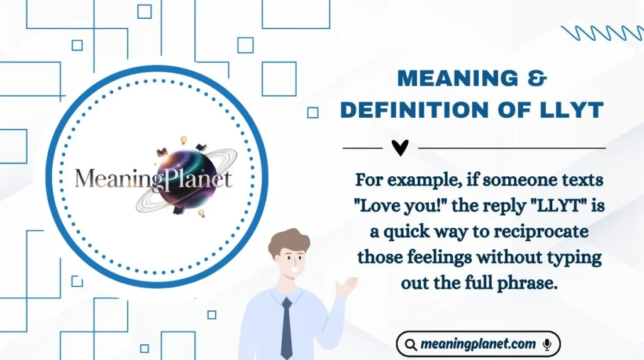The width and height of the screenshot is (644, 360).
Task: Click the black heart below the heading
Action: tap(400, 147)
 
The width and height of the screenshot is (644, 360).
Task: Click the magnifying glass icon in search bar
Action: tap(410, 344)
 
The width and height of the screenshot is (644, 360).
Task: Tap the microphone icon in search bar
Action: tap(547, 344)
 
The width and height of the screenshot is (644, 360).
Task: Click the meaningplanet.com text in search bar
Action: tap(479, 344)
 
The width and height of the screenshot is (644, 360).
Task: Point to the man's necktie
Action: tap(287, 327)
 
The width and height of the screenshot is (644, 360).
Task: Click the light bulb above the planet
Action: tap(184, 139)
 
